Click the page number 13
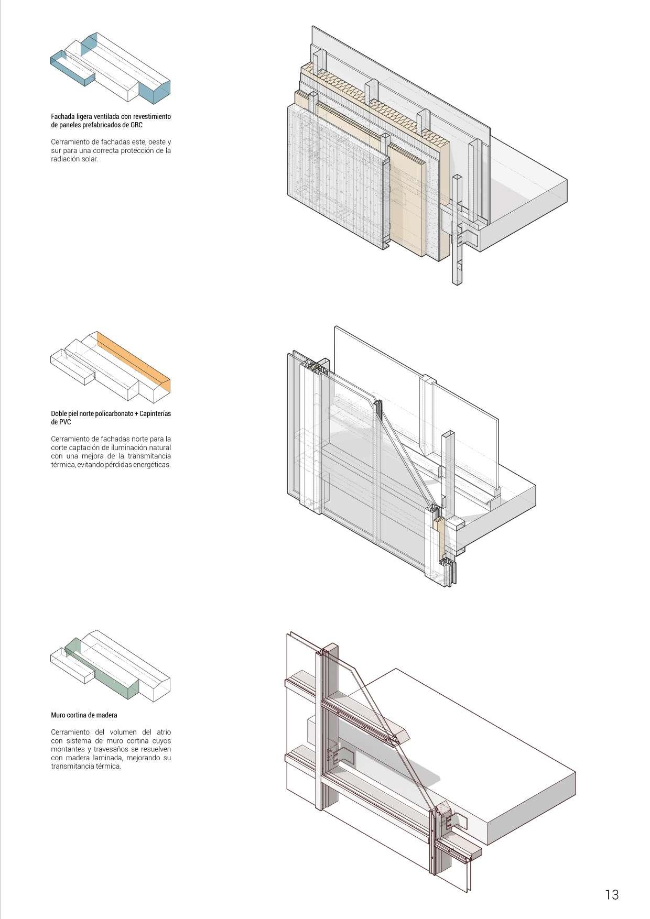[612, 894]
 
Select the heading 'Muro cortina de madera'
[84, 715]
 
